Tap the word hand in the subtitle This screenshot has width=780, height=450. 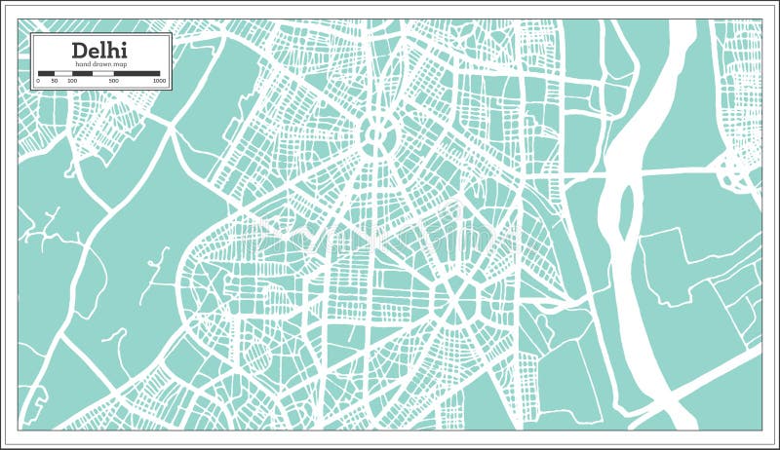[x=83, y=64]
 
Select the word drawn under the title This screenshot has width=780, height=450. [x=100, y=64]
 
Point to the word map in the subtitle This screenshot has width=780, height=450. [x=120, y=64]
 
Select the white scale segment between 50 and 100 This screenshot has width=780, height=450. [x=64, y=72]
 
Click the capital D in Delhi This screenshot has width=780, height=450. [x=78, y=50]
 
